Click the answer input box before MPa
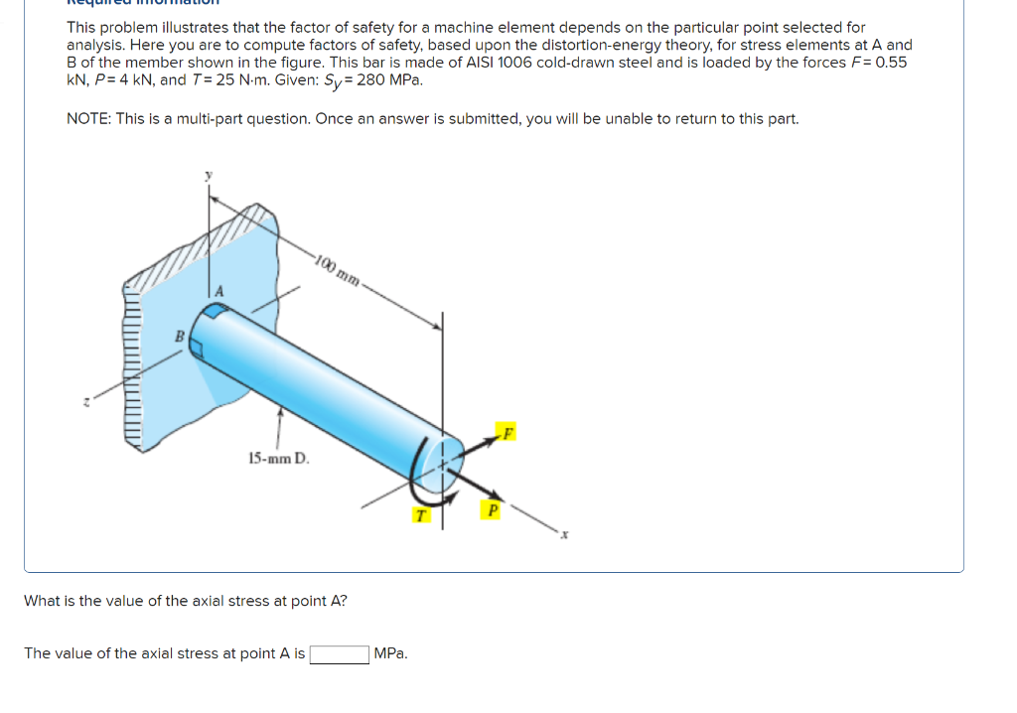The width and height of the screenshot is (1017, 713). click(x=340, y=654)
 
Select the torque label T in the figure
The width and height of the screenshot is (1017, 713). click(x=420, y=515)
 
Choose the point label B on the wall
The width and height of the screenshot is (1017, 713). click(x=180, y=337)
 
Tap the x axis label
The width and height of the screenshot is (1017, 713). click(x=565, y=536)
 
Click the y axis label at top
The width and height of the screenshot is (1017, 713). click(x=209, y=176)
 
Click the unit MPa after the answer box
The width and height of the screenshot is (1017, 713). click(x=390, y=654)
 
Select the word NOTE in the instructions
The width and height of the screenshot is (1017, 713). click(x=87, y=119)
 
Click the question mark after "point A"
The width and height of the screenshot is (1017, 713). click(x=344, y=601)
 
